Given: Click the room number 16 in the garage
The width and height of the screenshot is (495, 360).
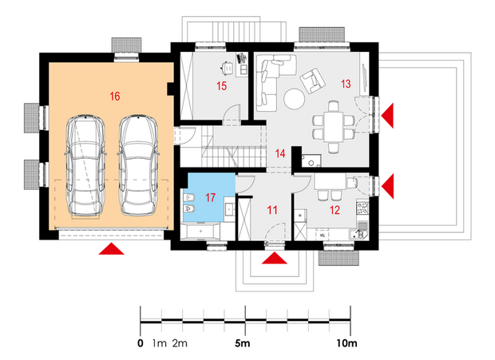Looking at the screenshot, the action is tap(115, 96).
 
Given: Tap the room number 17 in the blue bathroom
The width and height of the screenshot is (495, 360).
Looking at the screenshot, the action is tap(210, 197).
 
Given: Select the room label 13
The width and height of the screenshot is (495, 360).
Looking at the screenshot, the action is tap(346, 84).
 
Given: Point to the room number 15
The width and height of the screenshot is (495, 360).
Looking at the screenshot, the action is tap(221, 86).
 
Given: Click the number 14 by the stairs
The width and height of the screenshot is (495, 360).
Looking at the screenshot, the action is tap(280, 153).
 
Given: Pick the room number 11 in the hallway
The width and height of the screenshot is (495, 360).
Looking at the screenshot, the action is tap(272, 210).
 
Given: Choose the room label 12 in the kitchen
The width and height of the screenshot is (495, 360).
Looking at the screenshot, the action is tap(335, 210).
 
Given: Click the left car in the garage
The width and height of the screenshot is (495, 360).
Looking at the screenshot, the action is tap(85, 166).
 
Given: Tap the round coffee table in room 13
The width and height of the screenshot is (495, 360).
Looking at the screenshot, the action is tap(295, 99).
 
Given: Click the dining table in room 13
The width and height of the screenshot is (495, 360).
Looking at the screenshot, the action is tap(334, 127).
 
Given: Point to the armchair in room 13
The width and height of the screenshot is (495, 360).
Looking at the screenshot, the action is tap(312, 81).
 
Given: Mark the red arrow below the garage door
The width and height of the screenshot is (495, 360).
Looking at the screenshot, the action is tap(111, 248).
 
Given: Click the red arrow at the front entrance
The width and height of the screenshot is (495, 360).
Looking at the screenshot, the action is tap(275, 258).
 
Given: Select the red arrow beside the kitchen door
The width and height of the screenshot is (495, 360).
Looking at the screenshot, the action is tap(388, 186).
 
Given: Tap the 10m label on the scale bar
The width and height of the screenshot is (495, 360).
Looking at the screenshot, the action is tap(346, 343).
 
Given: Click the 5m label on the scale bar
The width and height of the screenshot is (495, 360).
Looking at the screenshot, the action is tap(243, 343).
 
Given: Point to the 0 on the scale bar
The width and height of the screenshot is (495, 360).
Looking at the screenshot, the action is tap(141, 343).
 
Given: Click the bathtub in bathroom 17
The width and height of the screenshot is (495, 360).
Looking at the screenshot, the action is tap(200, 231).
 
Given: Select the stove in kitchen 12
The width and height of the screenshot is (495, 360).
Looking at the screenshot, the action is tap(362, 208).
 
